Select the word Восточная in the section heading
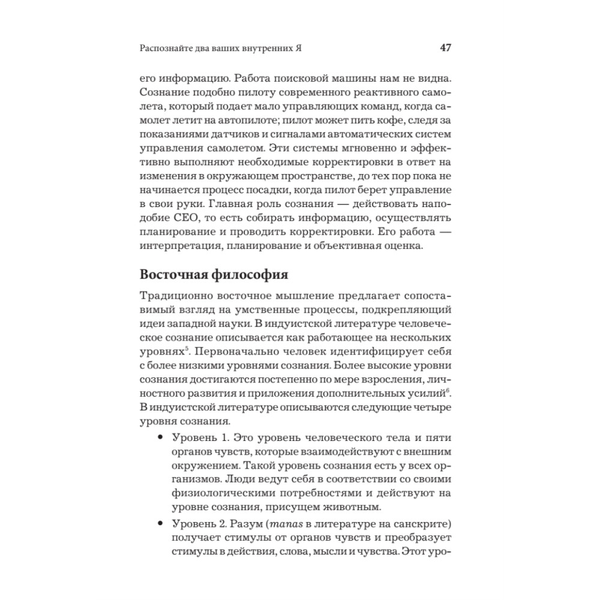pyautogui.click(x=174, y=275)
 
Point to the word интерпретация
pyautogui.click(x=179, y=247)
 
